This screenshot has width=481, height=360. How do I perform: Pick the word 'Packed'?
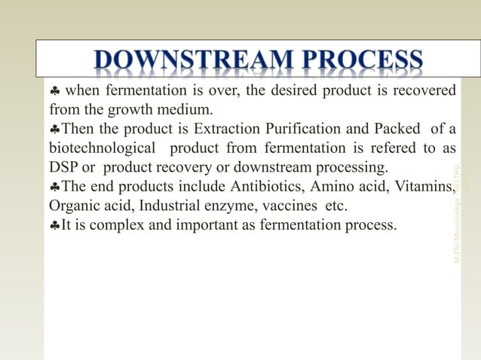[x=389, y=129]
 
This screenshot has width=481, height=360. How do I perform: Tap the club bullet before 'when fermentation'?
[x=55, y=92]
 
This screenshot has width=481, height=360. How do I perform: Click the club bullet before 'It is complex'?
[x=54, y=224]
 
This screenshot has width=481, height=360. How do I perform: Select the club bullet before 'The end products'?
[x=54, y=186]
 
